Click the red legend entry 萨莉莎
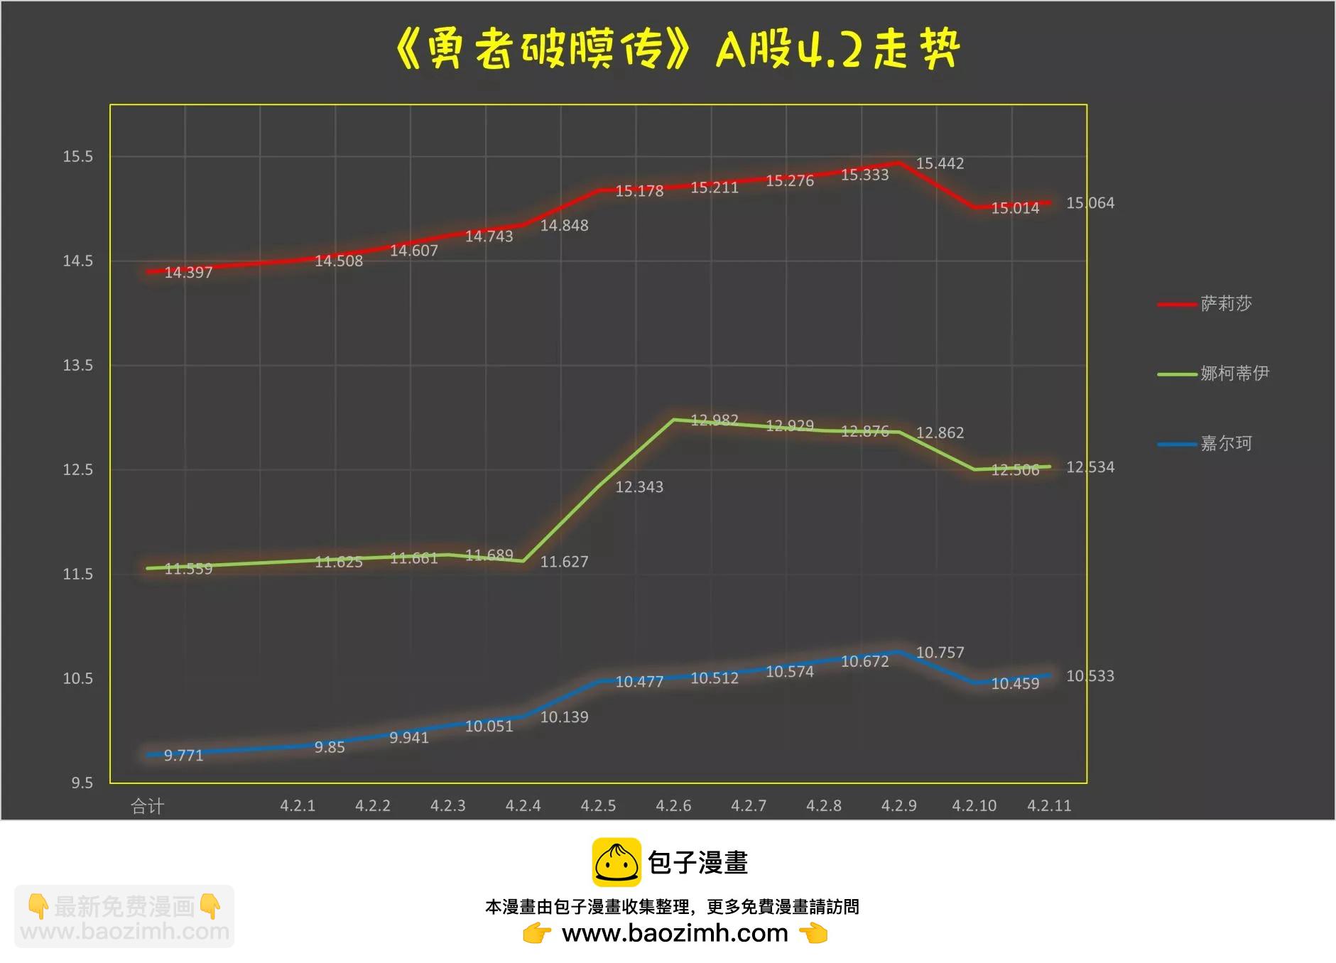tap(1226, 304)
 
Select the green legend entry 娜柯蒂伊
tap(1234, 374)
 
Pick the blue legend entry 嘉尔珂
tap(1226, 444)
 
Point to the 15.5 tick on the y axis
tap(77, 157)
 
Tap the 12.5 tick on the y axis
tap(77, 470)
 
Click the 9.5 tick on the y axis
tap(82, 783)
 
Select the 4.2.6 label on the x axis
tap(673, 806)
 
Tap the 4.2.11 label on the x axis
tap(1049, 806)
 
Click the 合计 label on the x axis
tap(148, 806)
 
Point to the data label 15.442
tap(940, 164)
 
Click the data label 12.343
tap(639, 487)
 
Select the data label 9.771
tap(183, 756)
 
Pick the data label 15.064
tap(1090, 203)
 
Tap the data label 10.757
tap(940, 653)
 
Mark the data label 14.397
tap(188, 273)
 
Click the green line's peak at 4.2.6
tap(673, 420)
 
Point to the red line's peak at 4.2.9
tap(899, 163)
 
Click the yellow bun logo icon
tap(617, 862)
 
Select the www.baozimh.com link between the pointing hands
tap(675, 933)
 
